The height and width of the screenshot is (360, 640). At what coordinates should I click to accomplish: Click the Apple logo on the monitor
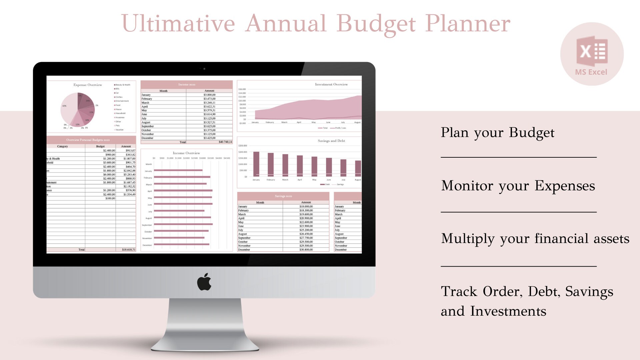204,282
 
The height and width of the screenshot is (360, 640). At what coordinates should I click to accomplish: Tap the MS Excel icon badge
592,54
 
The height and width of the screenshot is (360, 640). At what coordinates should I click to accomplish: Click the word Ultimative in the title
178,24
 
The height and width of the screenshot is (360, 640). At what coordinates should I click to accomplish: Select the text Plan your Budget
497,133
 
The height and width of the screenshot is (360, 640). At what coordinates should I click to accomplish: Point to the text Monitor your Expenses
518,186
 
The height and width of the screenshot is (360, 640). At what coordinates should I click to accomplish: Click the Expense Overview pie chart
77,109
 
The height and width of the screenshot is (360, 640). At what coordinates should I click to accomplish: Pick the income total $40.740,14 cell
225,142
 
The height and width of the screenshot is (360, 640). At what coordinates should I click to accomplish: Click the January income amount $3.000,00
209,95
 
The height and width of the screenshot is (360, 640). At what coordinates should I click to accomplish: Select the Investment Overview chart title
331,84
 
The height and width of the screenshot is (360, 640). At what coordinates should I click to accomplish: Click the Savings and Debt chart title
331,141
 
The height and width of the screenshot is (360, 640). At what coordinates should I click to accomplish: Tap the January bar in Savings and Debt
256,164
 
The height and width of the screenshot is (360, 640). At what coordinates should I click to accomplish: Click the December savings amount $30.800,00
306,250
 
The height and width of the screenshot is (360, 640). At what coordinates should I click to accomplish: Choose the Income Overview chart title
186,153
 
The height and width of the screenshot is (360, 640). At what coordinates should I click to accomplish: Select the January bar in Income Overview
178,170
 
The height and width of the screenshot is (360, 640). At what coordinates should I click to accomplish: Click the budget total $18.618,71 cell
128,250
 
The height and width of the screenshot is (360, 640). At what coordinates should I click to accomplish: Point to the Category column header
62,146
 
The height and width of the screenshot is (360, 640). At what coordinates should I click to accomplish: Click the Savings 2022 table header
283,196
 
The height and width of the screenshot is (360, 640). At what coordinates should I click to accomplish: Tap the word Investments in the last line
508,311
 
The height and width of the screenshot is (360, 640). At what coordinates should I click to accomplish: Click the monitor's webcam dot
204,69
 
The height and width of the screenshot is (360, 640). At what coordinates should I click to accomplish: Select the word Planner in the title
468,24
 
